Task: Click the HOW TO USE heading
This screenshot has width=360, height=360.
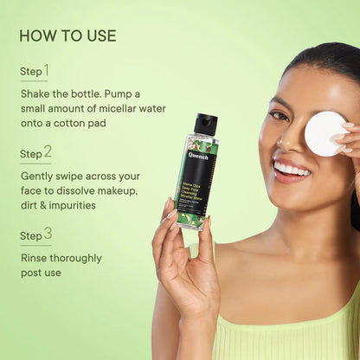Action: tap(67, 35)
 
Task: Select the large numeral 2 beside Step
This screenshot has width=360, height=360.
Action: tap(47, 152)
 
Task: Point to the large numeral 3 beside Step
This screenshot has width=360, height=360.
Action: tap(47, 234)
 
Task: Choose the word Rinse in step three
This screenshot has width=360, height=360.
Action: tap(35, 258)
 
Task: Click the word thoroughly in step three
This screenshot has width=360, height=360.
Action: tap(76, 258)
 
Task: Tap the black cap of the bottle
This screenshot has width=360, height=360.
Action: tap(205, 124)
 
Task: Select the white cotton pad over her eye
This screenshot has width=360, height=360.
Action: tap(325, 133)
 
